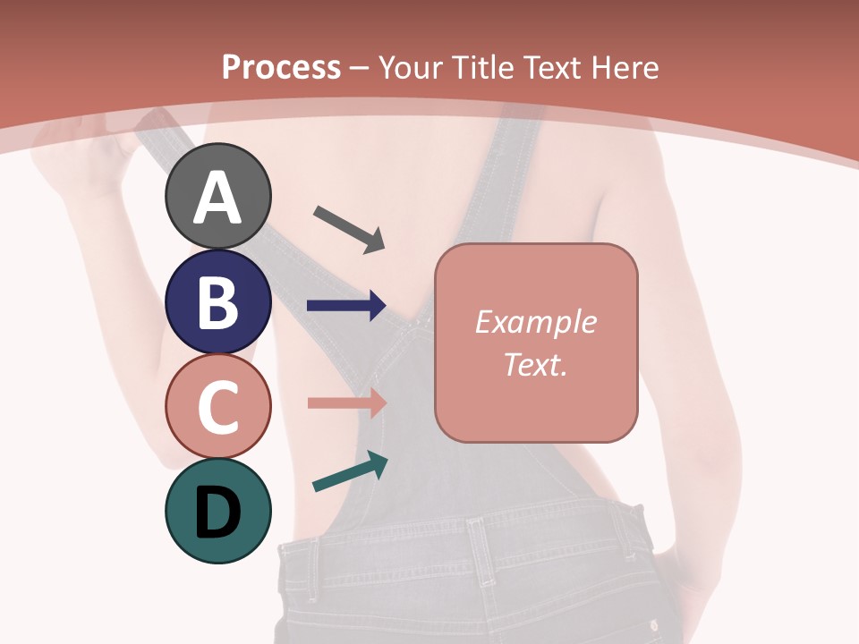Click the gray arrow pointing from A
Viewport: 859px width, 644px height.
coord(348,228)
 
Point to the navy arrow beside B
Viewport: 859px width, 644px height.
coord(346,305)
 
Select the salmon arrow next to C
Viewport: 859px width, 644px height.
coord(346,402)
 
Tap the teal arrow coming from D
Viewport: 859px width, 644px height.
coord(350,472)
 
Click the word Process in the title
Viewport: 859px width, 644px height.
coord(281,68)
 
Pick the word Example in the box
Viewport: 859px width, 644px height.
coord(536,322)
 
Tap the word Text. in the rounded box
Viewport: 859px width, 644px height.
coord(536,364)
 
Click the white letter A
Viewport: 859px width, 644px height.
coord(217,199)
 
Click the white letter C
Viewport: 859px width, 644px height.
coord(217,407)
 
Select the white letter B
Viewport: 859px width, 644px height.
coord(217,302)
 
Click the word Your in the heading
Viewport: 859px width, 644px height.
coord(411,68)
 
